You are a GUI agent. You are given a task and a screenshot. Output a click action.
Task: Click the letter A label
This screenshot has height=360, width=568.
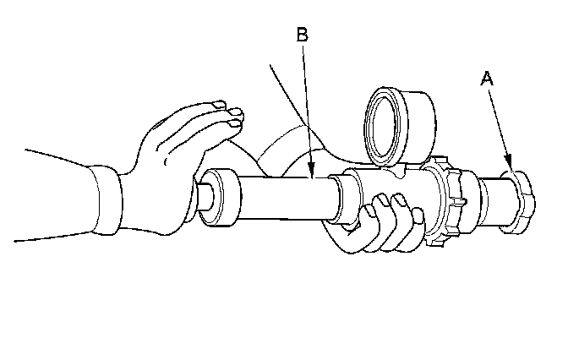(486, 79)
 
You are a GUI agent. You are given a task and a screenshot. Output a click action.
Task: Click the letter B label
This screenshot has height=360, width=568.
(303, 35)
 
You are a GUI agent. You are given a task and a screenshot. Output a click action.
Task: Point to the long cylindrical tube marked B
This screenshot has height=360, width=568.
(279, 199)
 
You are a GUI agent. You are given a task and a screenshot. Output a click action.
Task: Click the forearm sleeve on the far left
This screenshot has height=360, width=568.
(51, 190)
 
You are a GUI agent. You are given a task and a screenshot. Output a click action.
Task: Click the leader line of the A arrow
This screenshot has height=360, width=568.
(498, 123)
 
